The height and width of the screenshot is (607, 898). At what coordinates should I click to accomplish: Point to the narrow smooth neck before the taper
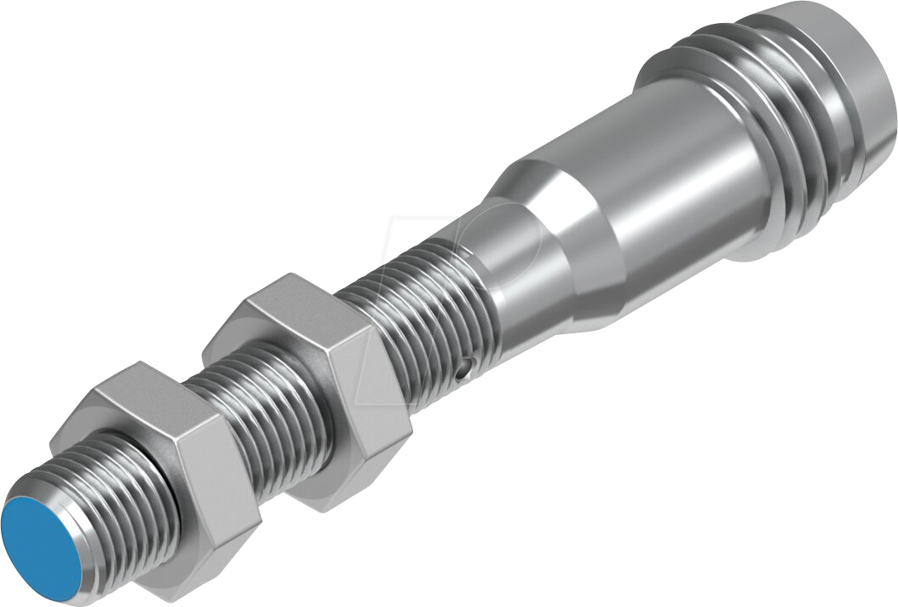511,281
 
